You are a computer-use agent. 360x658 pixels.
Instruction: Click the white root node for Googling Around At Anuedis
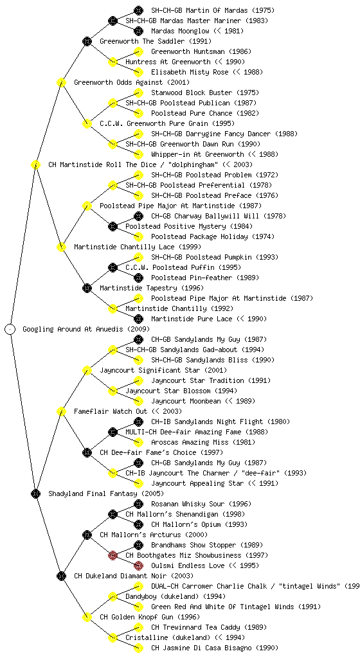click(10, 329)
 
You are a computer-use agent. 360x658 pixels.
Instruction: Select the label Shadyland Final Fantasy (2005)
click(105, 493)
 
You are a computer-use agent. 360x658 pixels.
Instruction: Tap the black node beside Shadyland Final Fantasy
click(35, 493)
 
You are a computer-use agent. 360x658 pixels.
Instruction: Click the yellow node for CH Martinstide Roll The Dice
click(35, 164)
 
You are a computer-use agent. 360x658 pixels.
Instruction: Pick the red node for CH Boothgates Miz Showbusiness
click(113, 555)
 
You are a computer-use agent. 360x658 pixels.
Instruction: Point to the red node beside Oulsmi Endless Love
click(138, 565)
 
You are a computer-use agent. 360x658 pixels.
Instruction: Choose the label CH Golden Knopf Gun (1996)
click(150, 617)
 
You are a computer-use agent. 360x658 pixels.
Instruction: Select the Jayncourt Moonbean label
click(186, 401)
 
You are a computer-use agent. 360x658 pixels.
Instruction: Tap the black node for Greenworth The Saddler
click(87, 41)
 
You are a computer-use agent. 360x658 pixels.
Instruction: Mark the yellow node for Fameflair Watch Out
click(61, 411)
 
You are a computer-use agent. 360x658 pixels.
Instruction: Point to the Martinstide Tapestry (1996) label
click(152, 288)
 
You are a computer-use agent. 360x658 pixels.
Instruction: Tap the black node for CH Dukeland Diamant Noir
click(61, 576)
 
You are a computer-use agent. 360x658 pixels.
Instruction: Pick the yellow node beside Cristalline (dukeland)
click(113, 637)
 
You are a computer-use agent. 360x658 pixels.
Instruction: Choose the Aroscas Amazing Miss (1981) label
click(203, 442)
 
